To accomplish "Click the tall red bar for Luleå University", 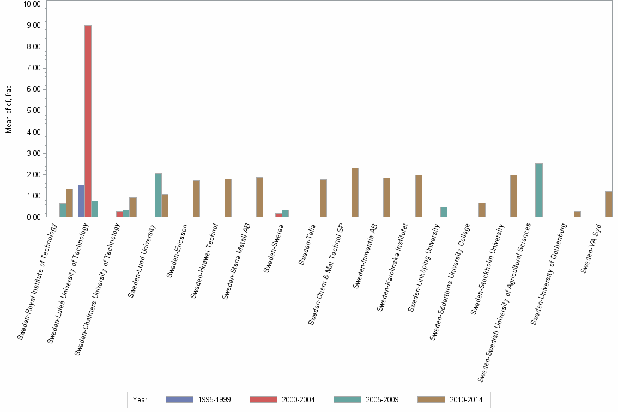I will pyautogui.click(x=88, y=121).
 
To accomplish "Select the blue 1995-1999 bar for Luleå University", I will pyautogui.click(x=81, y=201).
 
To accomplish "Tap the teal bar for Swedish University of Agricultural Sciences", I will pyautogui.click(x=539, y=190).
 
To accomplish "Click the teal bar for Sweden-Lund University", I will pyautogui.click(x=158, y=195).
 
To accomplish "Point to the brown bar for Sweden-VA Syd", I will pyautogui.click(x=609, y=204).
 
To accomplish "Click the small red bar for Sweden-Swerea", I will pyautogui.click(x=278, y=215).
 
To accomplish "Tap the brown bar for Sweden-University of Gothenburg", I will pyautogui.click(x=577, y=214).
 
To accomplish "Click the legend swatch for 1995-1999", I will pyautogui.click(x=179, y=399).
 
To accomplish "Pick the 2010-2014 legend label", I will pyautogui.click(x=466, y=399).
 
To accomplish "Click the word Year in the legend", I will pyautogui.click(x=140, y=399).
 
